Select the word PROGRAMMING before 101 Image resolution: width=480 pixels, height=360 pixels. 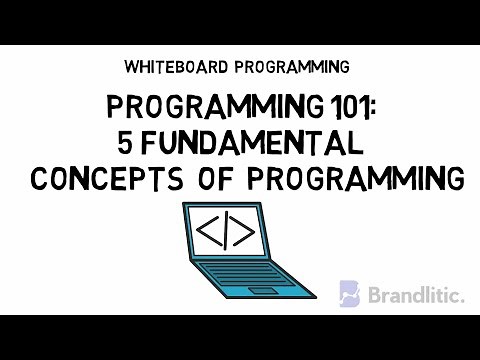(196, 108)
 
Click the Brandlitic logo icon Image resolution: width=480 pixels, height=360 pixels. (349, 293)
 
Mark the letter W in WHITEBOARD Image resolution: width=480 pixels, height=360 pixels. (132, 67)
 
